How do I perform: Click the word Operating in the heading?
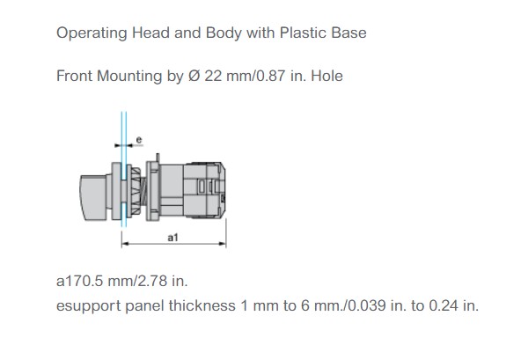pyautogui.click(x=92, y=33)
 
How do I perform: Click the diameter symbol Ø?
pyautogui.click(x=194, y=76)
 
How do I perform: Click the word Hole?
pyautogui.click(x=327, y=76)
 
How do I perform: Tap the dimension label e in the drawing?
pyautogui.click(x=139, y=140)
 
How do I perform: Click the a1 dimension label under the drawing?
pyautogui.click(x=172, y=238)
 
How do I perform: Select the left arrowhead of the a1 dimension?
pyautogui.click(x=125, y=244)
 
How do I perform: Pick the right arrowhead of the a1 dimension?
pyautogui.click(x=223, y=244)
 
